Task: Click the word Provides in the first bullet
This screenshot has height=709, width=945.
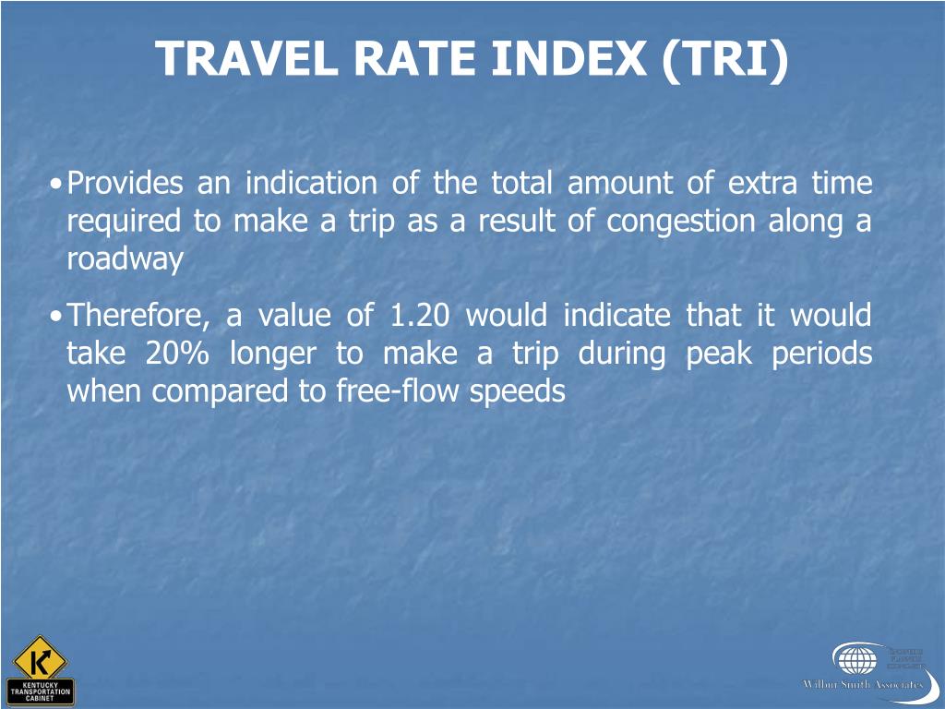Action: click(126, 184)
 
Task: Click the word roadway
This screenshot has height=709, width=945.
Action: click(125, 259)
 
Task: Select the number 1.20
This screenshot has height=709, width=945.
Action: click(420, 317)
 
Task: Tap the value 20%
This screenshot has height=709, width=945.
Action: click(179, 354)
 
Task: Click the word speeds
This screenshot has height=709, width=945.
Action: click(517, 392)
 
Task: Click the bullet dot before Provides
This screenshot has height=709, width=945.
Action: click(57, 185)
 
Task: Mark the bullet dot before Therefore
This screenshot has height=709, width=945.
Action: click(57, 318)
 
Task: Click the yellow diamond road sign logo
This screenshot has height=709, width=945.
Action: click(41, 657)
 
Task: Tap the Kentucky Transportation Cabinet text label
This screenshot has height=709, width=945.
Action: click(41, 691)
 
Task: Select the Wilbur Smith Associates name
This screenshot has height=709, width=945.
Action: click(862, 685)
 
